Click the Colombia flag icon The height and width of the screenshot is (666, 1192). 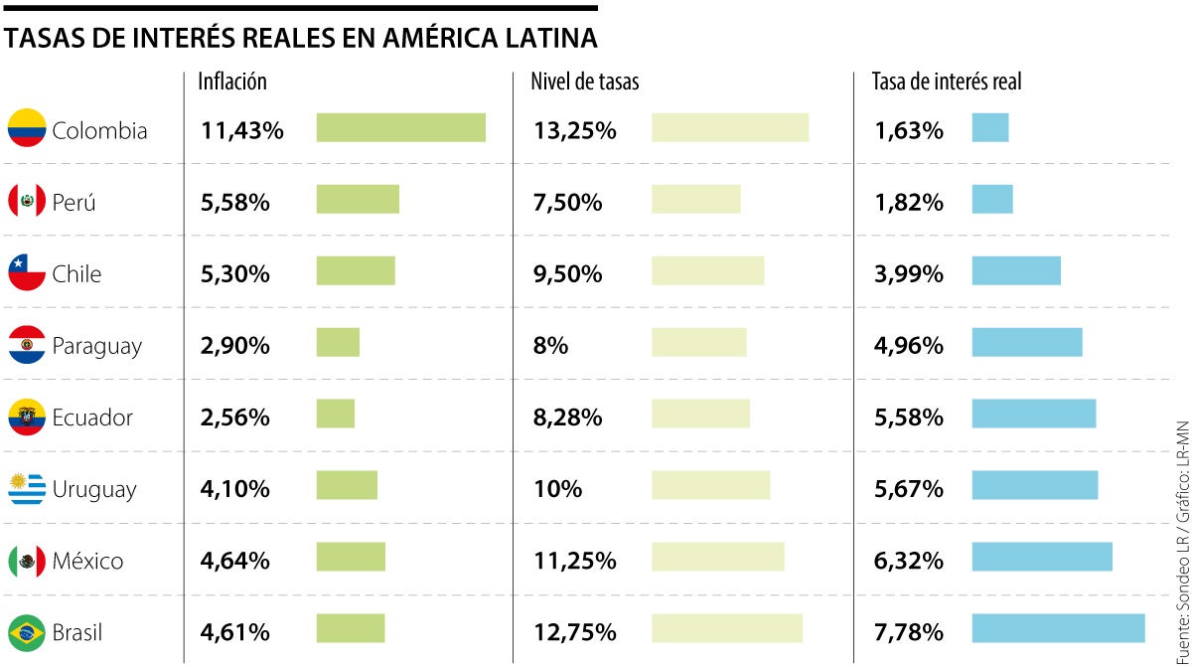click(x=27, y=128)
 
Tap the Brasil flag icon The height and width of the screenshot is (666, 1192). click(x=27, y=632)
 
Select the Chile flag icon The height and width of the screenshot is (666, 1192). click(x=27, y=272)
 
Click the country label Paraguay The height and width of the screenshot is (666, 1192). click(x=96, y=346)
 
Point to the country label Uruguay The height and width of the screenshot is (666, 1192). click(x=94, y=489)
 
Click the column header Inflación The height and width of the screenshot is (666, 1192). click(x=231, y=82)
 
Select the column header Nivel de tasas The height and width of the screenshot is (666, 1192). click(x=585, y=82)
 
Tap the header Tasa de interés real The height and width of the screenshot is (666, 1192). click(x=947, y=82)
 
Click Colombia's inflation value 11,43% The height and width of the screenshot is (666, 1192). click(x=242, y=130)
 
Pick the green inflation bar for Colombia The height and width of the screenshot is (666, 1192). click(x=400, y=128)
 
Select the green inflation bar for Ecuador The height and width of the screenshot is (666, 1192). click(x=335, y=414)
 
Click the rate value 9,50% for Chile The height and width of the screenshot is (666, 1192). click(x=567, y=273)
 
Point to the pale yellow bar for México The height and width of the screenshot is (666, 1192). click(x=717, y=557)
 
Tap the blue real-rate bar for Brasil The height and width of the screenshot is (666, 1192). click(x=1057, y=628)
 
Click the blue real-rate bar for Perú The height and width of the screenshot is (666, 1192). click(x=991, y=199)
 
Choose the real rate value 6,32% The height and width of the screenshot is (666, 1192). click(x=908, y=561)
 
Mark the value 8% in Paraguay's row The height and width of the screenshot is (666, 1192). click(x=550, y=346)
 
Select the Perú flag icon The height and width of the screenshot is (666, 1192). click(x=27, y=201)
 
